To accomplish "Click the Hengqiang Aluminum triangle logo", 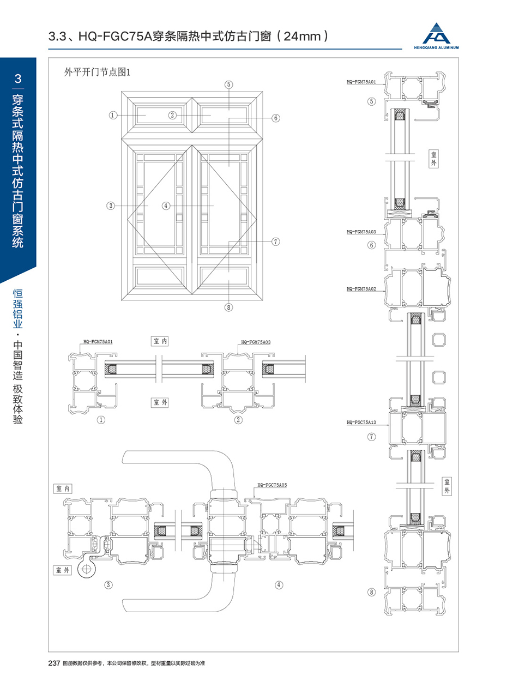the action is pyautogui.click(x=436, y=33).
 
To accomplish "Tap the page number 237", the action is pyautogui.click(x=54, y=672).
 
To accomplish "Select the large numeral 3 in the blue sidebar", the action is pyautogui.click(x=18, y=79).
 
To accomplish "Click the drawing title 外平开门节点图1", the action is pyautogui.click(x=97, y=72).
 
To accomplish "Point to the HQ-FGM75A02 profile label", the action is pyautogui.click(x=361, y=289).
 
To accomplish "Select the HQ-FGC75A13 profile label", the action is pyautogui.click(x=361, y=422).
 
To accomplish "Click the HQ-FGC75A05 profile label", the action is pyautogui.click(x=272, y=485).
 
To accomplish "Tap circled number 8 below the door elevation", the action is pyautogui.click(x=228, y=307).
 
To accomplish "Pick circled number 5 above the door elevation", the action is pyautogui.click(x=228, y=85).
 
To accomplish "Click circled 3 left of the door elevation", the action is pyautogui.click(x=111, y=206).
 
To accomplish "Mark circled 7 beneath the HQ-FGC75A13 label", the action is pyautogui.click(x=372, y=437).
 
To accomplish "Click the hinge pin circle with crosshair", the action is pyautogui.click(x=87, y=569).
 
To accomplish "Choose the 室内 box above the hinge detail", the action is pyautogui.click(x=63, y=488).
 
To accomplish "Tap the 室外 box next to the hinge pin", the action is pyautogui.click(x=63, y=570).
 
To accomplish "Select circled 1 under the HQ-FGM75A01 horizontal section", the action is pyautogui.click(x=101, y=420).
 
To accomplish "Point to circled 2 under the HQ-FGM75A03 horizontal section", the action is pyautogui.click(x=238, y=420).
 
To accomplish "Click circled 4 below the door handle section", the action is pyautogui.click(x=279, y=585).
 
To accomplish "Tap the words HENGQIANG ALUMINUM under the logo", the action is pyautogui.click(x=436, y=47).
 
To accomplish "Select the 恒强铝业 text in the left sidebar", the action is pyautogui.click(x=18, y=309).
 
